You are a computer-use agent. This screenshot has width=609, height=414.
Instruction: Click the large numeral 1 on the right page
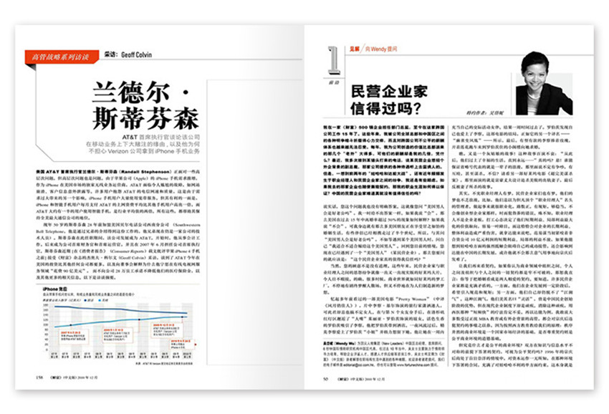(x=331, y=60)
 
